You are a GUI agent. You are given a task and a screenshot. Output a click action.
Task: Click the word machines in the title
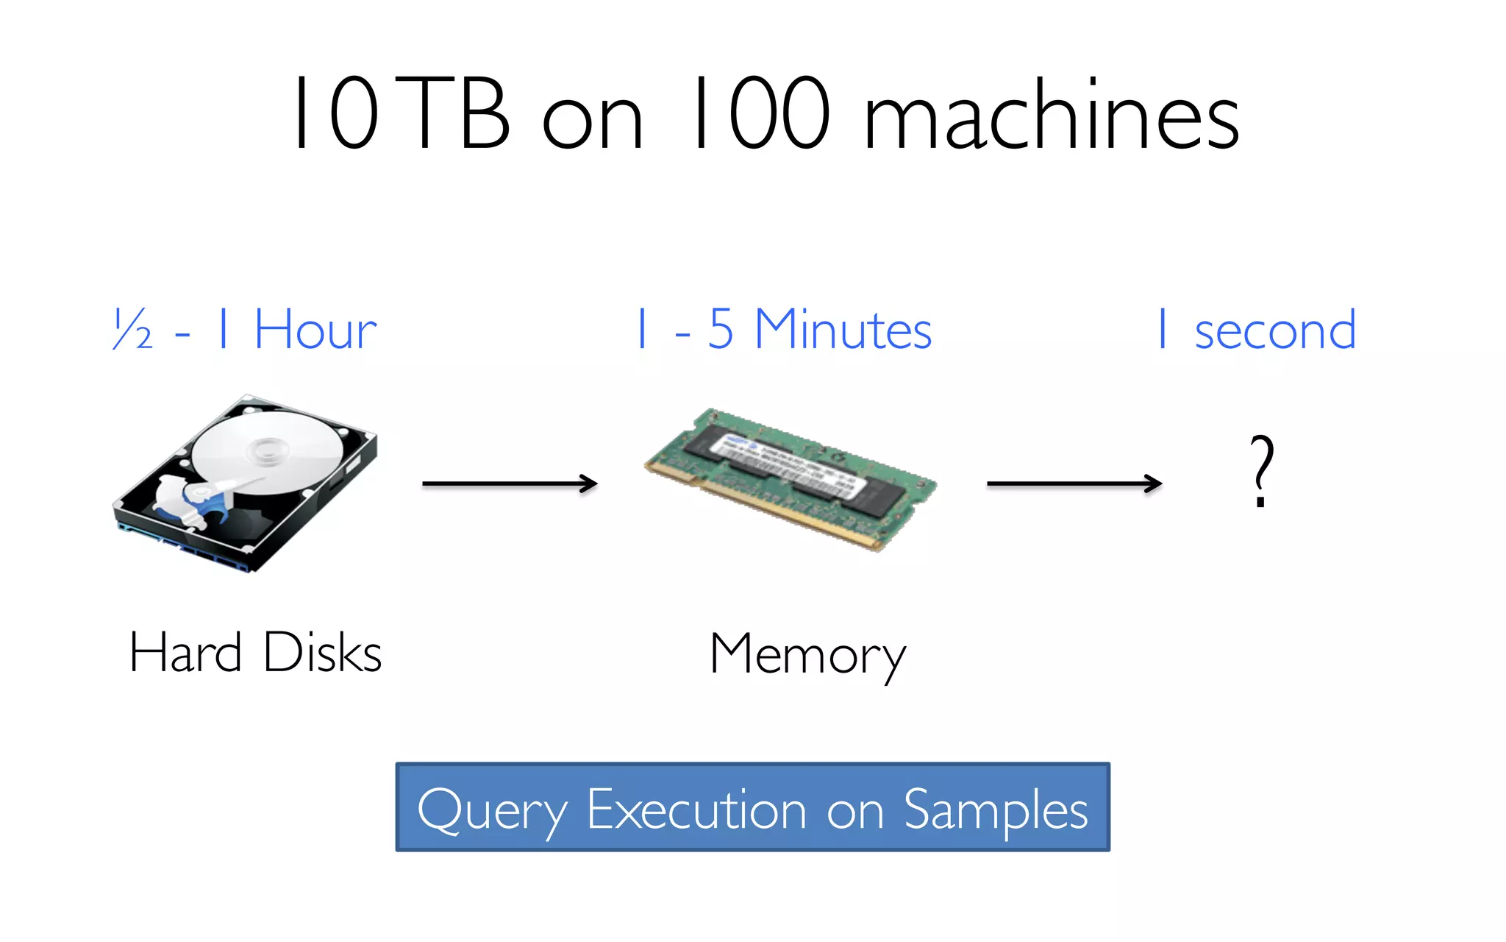[x=1052, y=116]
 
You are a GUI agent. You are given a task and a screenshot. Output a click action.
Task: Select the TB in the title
[x=456, y=114]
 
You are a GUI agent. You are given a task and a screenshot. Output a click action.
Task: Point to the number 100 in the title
[x=761, y=114]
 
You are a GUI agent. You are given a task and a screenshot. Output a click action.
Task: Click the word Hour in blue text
[x=315, y=330]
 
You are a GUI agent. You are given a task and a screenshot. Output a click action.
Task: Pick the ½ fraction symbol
[x=133, y=330]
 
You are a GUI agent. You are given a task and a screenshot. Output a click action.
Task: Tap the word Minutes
[x=843, y=330]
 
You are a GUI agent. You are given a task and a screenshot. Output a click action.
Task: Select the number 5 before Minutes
[x=721, y=330]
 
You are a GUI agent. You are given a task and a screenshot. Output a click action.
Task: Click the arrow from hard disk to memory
[x=509, y=484]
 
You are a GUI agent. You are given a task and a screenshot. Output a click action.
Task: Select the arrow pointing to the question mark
[x=1074, y=484]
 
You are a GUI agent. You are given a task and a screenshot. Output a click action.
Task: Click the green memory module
[x=791, y=478]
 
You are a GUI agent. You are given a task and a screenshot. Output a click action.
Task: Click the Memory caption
[x=807, y=655]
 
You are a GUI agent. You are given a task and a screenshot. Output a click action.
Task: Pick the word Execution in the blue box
[x=696, y=810]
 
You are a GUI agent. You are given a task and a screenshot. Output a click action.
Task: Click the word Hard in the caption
[x=185, y=653]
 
